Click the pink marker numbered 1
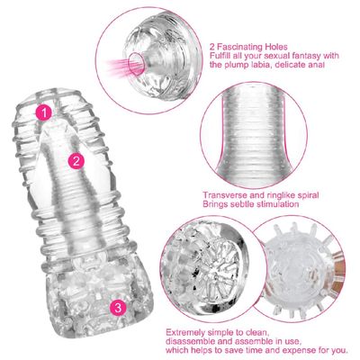44,112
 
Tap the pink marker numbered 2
76,161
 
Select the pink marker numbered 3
118,307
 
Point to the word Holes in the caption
276,47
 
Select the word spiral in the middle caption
306,195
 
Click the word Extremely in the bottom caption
184,333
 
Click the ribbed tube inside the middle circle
254,133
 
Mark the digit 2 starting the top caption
212,47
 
